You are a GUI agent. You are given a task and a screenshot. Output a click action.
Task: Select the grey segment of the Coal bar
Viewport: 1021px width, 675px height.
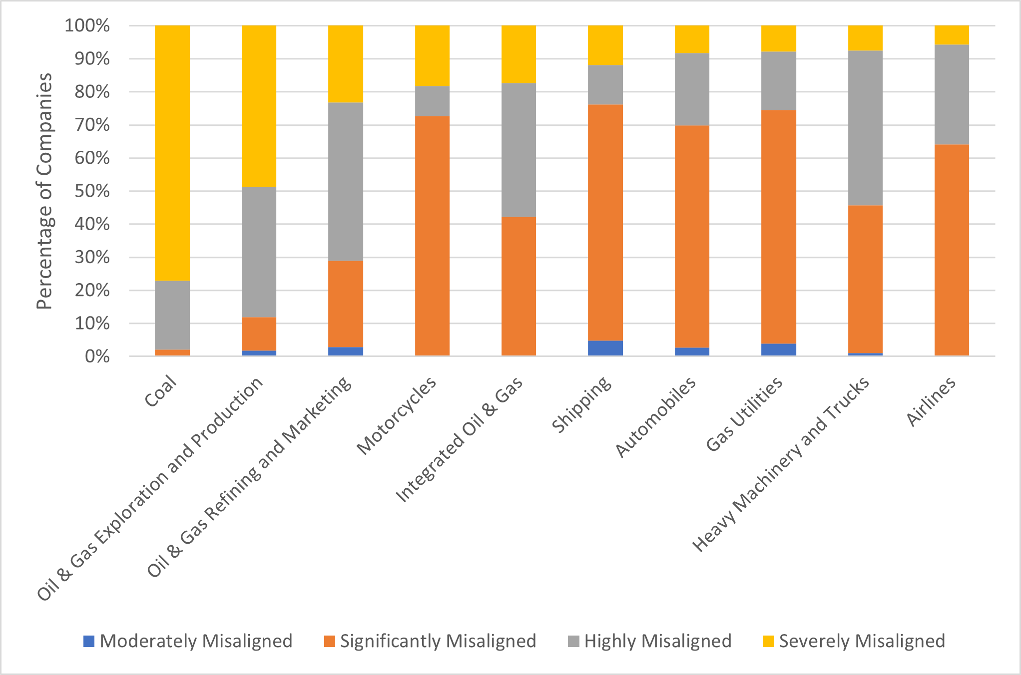pos(172,315)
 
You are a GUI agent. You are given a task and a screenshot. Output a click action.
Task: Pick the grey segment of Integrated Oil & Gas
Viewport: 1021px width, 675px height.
pos(518,150)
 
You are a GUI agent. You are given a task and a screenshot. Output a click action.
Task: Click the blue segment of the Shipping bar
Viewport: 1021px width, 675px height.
pos(605,348)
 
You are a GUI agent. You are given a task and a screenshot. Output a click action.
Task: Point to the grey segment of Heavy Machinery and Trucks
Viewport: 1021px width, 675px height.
pos(865,128)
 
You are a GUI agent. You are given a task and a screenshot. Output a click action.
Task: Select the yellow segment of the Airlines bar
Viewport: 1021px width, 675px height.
pos(952,35)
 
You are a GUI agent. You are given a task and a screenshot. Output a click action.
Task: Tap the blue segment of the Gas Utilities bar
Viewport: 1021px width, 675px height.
pos(778,349)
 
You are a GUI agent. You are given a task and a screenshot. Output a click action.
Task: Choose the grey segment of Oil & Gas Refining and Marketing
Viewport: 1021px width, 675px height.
pos(346,182)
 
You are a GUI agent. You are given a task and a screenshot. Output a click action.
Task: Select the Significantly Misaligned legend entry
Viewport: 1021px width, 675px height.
pos(430,641)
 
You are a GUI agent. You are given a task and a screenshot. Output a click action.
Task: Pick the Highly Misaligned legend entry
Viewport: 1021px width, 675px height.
pos(649,641)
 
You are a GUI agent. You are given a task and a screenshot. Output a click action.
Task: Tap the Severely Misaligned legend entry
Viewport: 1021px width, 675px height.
pos(854,641)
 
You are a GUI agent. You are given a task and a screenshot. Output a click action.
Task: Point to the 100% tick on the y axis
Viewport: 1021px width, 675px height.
pos(87,25)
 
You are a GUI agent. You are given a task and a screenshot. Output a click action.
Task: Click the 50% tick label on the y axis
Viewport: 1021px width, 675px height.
pos(92,191)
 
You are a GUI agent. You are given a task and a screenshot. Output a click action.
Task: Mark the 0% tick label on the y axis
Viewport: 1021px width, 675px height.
pos(97,356)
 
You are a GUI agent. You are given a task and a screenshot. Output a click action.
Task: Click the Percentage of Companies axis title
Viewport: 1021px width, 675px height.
pos(44,191)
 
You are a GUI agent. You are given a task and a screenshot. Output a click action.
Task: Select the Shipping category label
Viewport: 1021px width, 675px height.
pos(582,404)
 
